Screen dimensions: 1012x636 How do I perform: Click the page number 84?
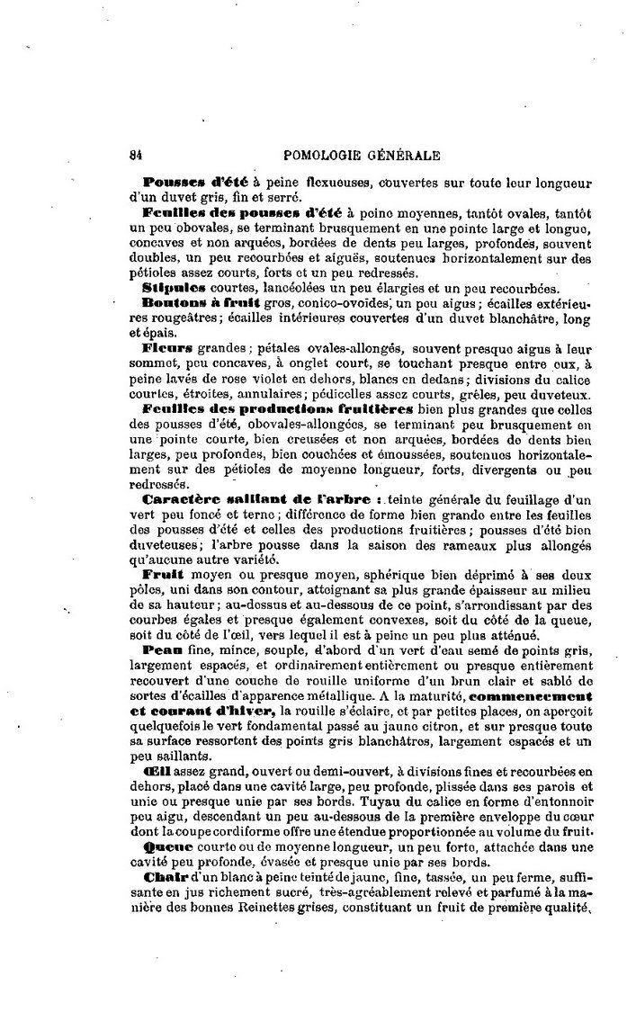[x=137, y=154]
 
